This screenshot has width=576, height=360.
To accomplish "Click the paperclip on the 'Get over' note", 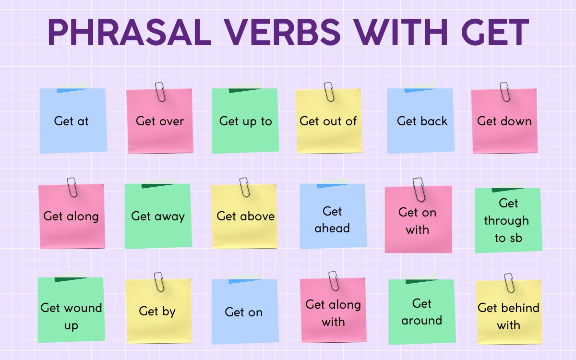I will pos(160,92).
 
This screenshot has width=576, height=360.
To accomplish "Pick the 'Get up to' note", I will pos(245,121).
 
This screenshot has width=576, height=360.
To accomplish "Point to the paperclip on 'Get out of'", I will pos(329,91).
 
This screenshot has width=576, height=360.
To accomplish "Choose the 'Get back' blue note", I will pos(421,121).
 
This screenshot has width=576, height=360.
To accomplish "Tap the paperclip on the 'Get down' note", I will pos(504,91).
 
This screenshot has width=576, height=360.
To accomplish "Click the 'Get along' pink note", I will pos(71,216).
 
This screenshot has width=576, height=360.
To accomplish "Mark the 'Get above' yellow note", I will pos(244,216).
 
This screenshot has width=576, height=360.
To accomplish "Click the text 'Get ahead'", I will pos(332,219).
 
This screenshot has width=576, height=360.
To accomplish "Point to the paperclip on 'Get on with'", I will pos(419,189).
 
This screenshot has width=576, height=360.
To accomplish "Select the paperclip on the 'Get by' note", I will pos(159,282).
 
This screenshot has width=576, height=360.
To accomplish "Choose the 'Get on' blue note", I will pos(244,312).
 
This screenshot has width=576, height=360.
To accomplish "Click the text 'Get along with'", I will pos(333,312).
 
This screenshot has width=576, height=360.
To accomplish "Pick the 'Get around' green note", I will pos(421,312).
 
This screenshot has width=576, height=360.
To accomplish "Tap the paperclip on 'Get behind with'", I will pos(508,283).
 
